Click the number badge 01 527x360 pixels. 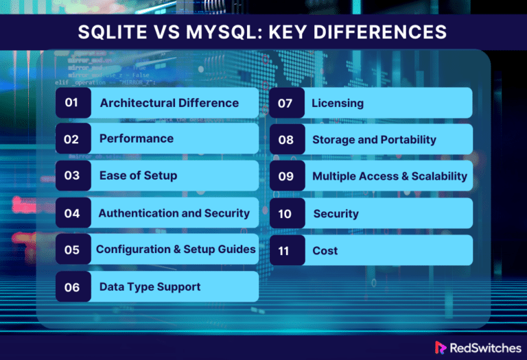click(72, 103)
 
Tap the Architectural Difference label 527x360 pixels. click(169, 103)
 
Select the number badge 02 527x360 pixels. click(72, 139)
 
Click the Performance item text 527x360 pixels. click(136, 139)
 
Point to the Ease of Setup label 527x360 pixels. click(138, 176)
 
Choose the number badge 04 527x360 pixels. click(72, 213)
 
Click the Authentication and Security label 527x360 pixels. click(174, 213)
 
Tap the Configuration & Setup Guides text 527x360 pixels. click(176, 250)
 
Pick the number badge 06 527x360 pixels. click(72, 287)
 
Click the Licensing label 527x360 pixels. click(337, 104)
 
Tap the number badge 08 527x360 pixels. click(285, 140)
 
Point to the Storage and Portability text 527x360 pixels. click(374, 140)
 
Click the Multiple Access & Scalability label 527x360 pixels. click(389, 176)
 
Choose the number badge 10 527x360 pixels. click(285, 214)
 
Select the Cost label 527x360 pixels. click(325, 251)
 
